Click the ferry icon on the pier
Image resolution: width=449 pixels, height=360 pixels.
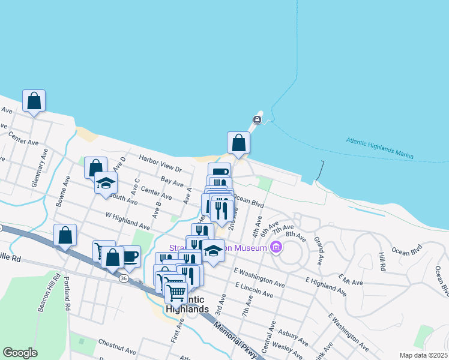tap(257, 120)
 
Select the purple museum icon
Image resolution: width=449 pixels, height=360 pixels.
tap(276, 247)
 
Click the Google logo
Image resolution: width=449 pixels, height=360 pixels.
tap(20, 353)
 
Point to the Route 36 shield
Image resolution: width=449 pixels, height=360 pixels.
tap(123, 278)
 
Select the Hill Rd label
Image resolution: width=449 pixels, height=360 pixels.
tap(380, 261)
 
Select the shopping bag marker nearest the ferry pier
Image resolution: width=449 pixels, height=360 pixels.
tap(238, 143)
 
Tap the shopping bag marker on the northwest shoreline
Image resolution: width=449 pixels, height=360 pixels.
tap(34, 101)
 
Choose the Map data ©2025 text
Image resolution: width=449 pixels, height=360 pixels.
tap(423, 355)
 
